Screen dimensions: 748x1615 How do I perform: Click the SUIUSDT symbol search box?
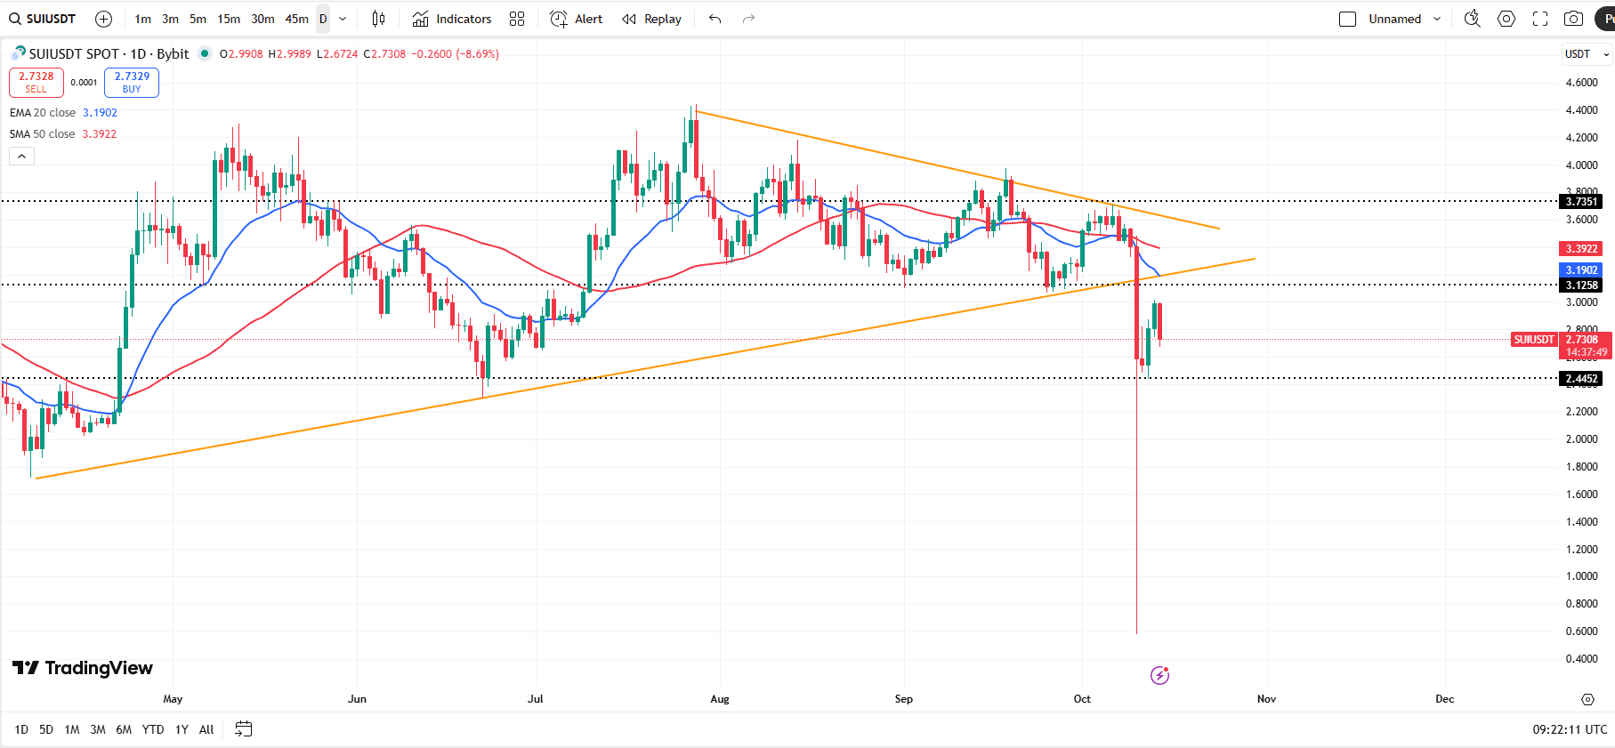(44, 19)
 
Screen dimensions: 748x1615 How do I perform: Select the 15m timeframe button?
(229, 19)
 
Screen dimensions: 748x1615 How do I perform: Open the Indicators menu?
(452, 19)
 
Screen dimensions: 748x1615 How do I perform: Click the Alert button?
(577, 19)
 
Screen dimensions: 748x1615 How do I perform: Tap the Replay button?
(652, 19)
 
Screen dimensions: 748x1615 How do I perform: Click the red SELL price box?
(36, 82)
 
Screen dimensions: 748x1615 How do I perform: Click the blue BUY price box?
(132, 82)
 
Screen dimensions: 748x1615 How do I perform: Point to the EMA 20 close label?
(43, 113)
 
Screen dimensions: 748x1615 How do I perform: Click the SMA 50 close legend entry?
(43, 134)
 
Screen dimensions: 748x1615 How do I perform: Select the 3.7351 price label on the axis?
(1581, 201)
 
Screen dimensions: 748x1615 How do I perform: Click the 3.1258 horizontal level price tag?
(1581, 286)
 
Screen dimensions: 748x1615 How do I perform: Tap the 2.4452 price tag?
(1581, 379)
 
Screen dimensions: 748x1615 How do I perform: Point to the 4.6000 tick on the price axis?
(1581, 83)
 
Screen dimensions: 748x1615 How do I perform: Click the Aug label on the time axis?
(720, 699)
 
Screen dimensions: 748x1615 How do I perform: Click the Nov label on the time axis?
(1266, 699)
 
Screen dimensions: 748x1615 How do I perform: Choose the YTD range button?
(153, 729)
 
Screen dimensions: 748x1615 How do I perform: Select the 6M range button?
(124, 729)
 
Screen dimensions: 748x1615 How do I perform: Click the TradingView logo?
(83, 668)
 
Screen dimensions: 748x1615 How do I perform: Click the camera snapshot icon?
(1573, 19)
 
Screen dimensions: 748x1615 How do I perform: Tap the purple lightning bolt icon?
(1159, 675)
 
